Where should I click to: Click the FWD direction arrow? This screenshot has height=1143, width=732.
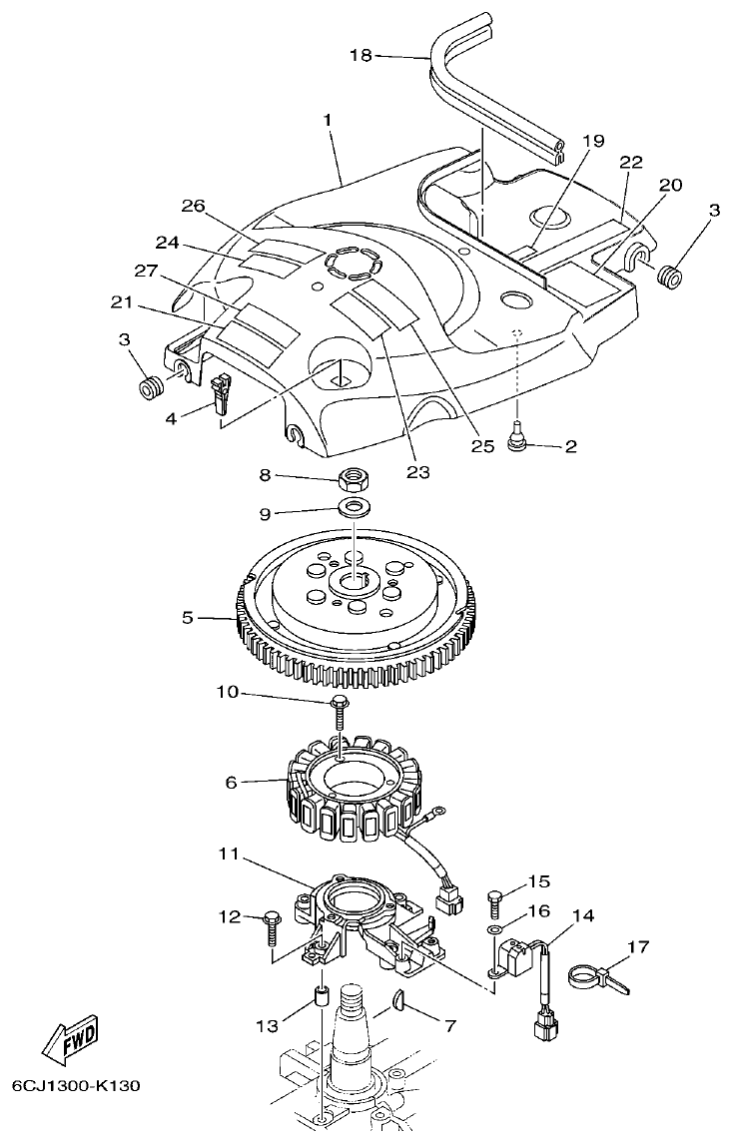(71, 1044)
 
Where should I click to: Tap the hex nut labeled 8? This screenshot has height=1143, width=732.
(352, 479)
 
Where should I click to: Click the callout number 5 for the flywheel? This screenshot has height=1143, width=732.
(189, 618)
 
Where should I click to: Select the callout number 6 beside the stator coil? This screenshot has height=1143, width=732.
(231, 783)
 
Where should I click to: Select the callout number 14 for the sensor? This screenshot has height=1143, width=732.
(582, 914)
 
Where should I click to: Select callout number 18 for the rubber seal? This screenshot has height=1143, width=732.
(361, 56)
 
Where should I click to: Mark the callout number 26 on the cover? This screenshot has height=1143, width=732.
(193, 207)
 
